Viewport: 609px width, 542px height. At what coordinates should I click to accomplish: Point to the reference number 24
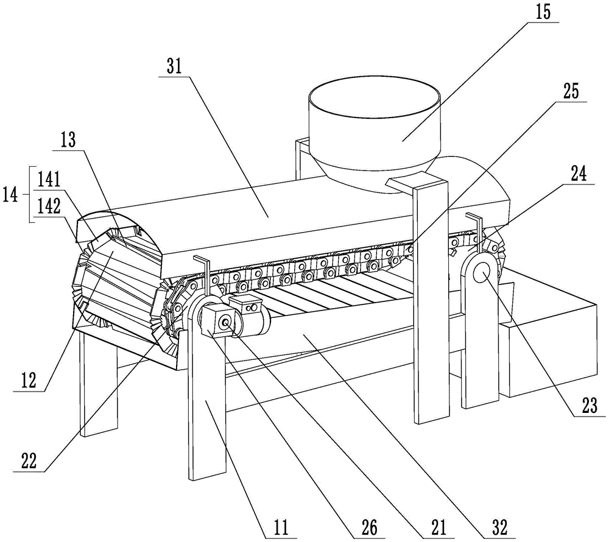click(579, 174)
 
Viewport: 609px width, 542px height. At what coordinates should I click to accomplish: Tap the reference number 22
click(28, 461)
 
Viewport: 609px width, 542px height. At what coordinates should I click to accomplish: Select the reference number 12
click(28, 382)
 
